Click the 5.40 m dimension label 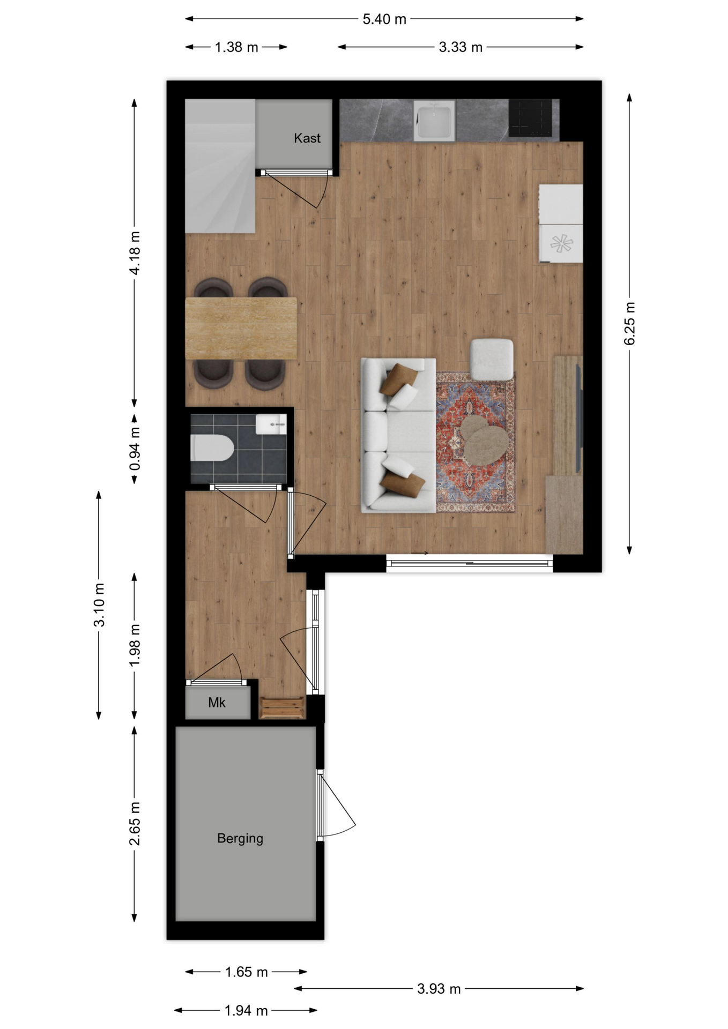(x=384, y=19)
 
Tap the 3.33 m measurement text (x=460, y=47)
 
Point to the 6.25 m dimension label (x=629, y=324)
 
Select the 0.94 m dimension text (x=135, y=449)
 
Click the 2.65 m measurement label (x=135, y=824)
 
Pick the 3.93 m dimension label (x=439, y=989)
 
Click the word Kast (x=307, y=138)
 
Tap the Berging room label (x=240, y=838)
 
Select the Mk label (x=217, y=703)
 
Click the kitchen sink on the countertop (x=434, y=121)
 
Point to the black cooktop (x=530, y=118)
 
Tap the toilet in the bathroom (x=212, y=448)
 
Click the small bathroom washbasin (x=271, y=424)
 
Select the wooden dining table (x=241, y=328)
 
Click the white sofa (x=398, y=436)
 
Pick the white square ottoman (x=492, y=359)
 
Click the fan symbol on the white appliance (x=561, y=244)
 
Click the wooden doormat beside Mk (x=282, y=708)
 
